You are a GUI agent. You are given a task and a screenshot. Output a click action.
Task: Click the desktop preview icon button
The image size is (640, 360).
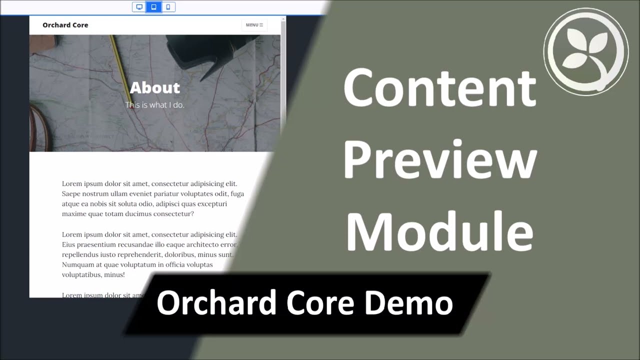point(139,7)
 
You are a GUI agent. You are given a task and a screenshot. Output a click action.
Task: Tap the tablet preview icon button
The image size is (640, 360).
point(153,7)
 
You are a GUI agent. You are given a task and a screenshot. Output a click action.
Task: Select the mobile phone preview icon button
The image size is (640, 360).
point(168,7)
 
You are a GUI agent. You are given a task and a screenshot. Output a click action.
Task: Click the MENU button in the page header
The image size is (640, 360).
point(254,25)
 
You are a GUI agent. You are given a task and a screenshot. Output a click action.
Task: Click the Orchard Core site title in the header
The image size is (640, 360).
point(65,25)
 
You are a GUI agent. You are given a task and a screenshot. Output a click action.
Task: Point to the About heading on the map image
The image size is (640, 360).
point(155,87)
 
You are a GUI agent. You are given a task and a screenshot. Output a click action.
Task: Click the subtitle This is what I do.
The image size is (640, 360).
point(155,105)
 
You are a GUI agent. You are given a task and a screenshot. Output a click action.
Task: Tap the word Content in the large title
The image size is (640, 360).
point(440,87)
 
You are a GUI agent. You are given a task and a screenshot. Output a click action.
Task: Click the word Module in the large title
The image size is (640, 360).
point(440,231)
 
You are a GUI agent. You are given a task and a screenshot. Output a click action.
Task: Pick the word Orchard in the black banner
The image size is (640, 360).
point(216,302)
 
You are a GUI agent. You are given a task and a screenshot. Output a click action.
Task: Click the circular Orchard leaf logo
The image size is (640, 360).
point(586,51)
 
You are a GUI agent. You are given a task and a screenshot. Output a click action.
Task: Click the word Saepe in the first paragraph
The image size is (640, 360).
point(71,194)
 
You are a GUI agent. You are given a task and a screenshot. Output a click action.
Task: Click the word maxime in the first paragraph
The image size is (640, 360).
point(74,214)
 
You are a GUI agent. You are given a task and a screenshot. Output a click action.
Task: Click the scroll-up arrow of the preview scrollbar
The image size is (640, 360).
point(283,19)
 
